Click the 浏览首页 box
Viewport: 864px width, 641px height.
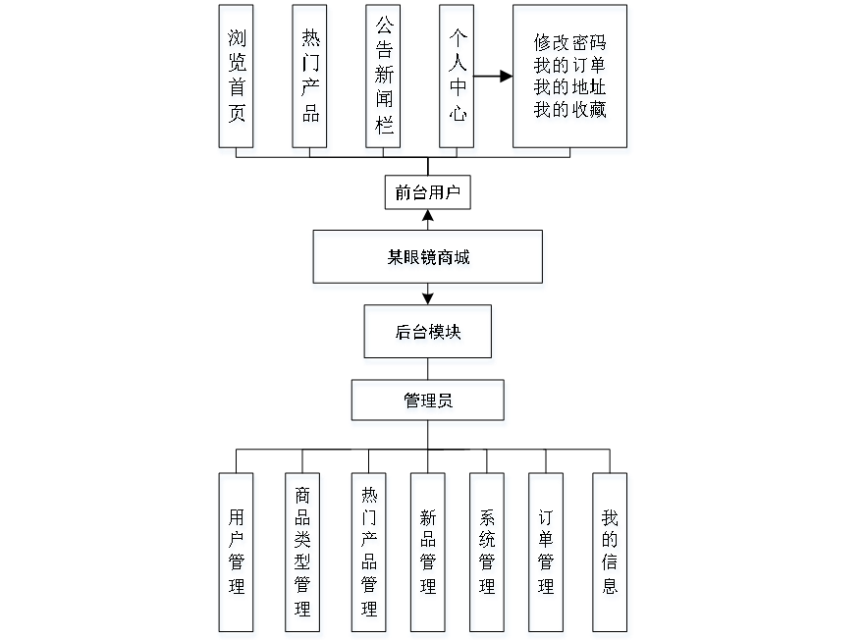(x=238, y=80)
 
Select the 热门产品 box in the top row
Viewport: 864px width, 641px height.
(x=310, y=80)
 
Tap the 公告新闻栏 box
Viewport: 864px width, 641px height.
(x=384, y=80)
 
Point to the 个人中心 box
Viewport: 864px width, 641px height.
(x=459, y=80)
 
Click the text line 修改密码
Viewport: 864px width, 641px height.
(x=571, y=45)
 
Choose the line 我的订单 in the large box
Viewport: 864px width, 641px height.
(x=571, y=67)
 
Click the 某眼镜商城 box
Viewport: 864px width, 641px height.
(x=428, y=260)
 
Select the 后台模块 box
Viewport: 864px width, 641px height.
(x=428, y=335)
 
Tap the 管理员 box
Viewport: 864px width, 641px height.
(x=428, y=403)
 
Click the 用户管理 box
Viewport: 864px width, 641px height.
(x=237, y=555)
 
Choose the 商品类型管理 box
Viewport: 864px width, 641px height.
(x=303, y=555)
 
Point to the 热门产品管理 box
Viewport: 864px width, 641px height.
(x=369, y=555)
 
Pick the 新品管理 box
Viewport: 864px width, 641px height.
(x=428, y=555)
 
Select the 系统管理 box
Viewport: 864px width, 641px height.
(x=489, y=555)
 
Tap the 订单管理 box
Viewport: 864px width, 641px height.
(x=547, y=555)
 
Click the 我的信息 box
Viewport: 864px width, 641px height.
(x=611, y=555)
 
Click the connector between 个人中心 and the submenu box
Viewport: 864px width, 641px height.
(x=496, y=76)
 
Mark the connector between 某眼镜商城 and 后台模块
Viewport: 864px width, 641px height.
(x=428, y=298)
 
